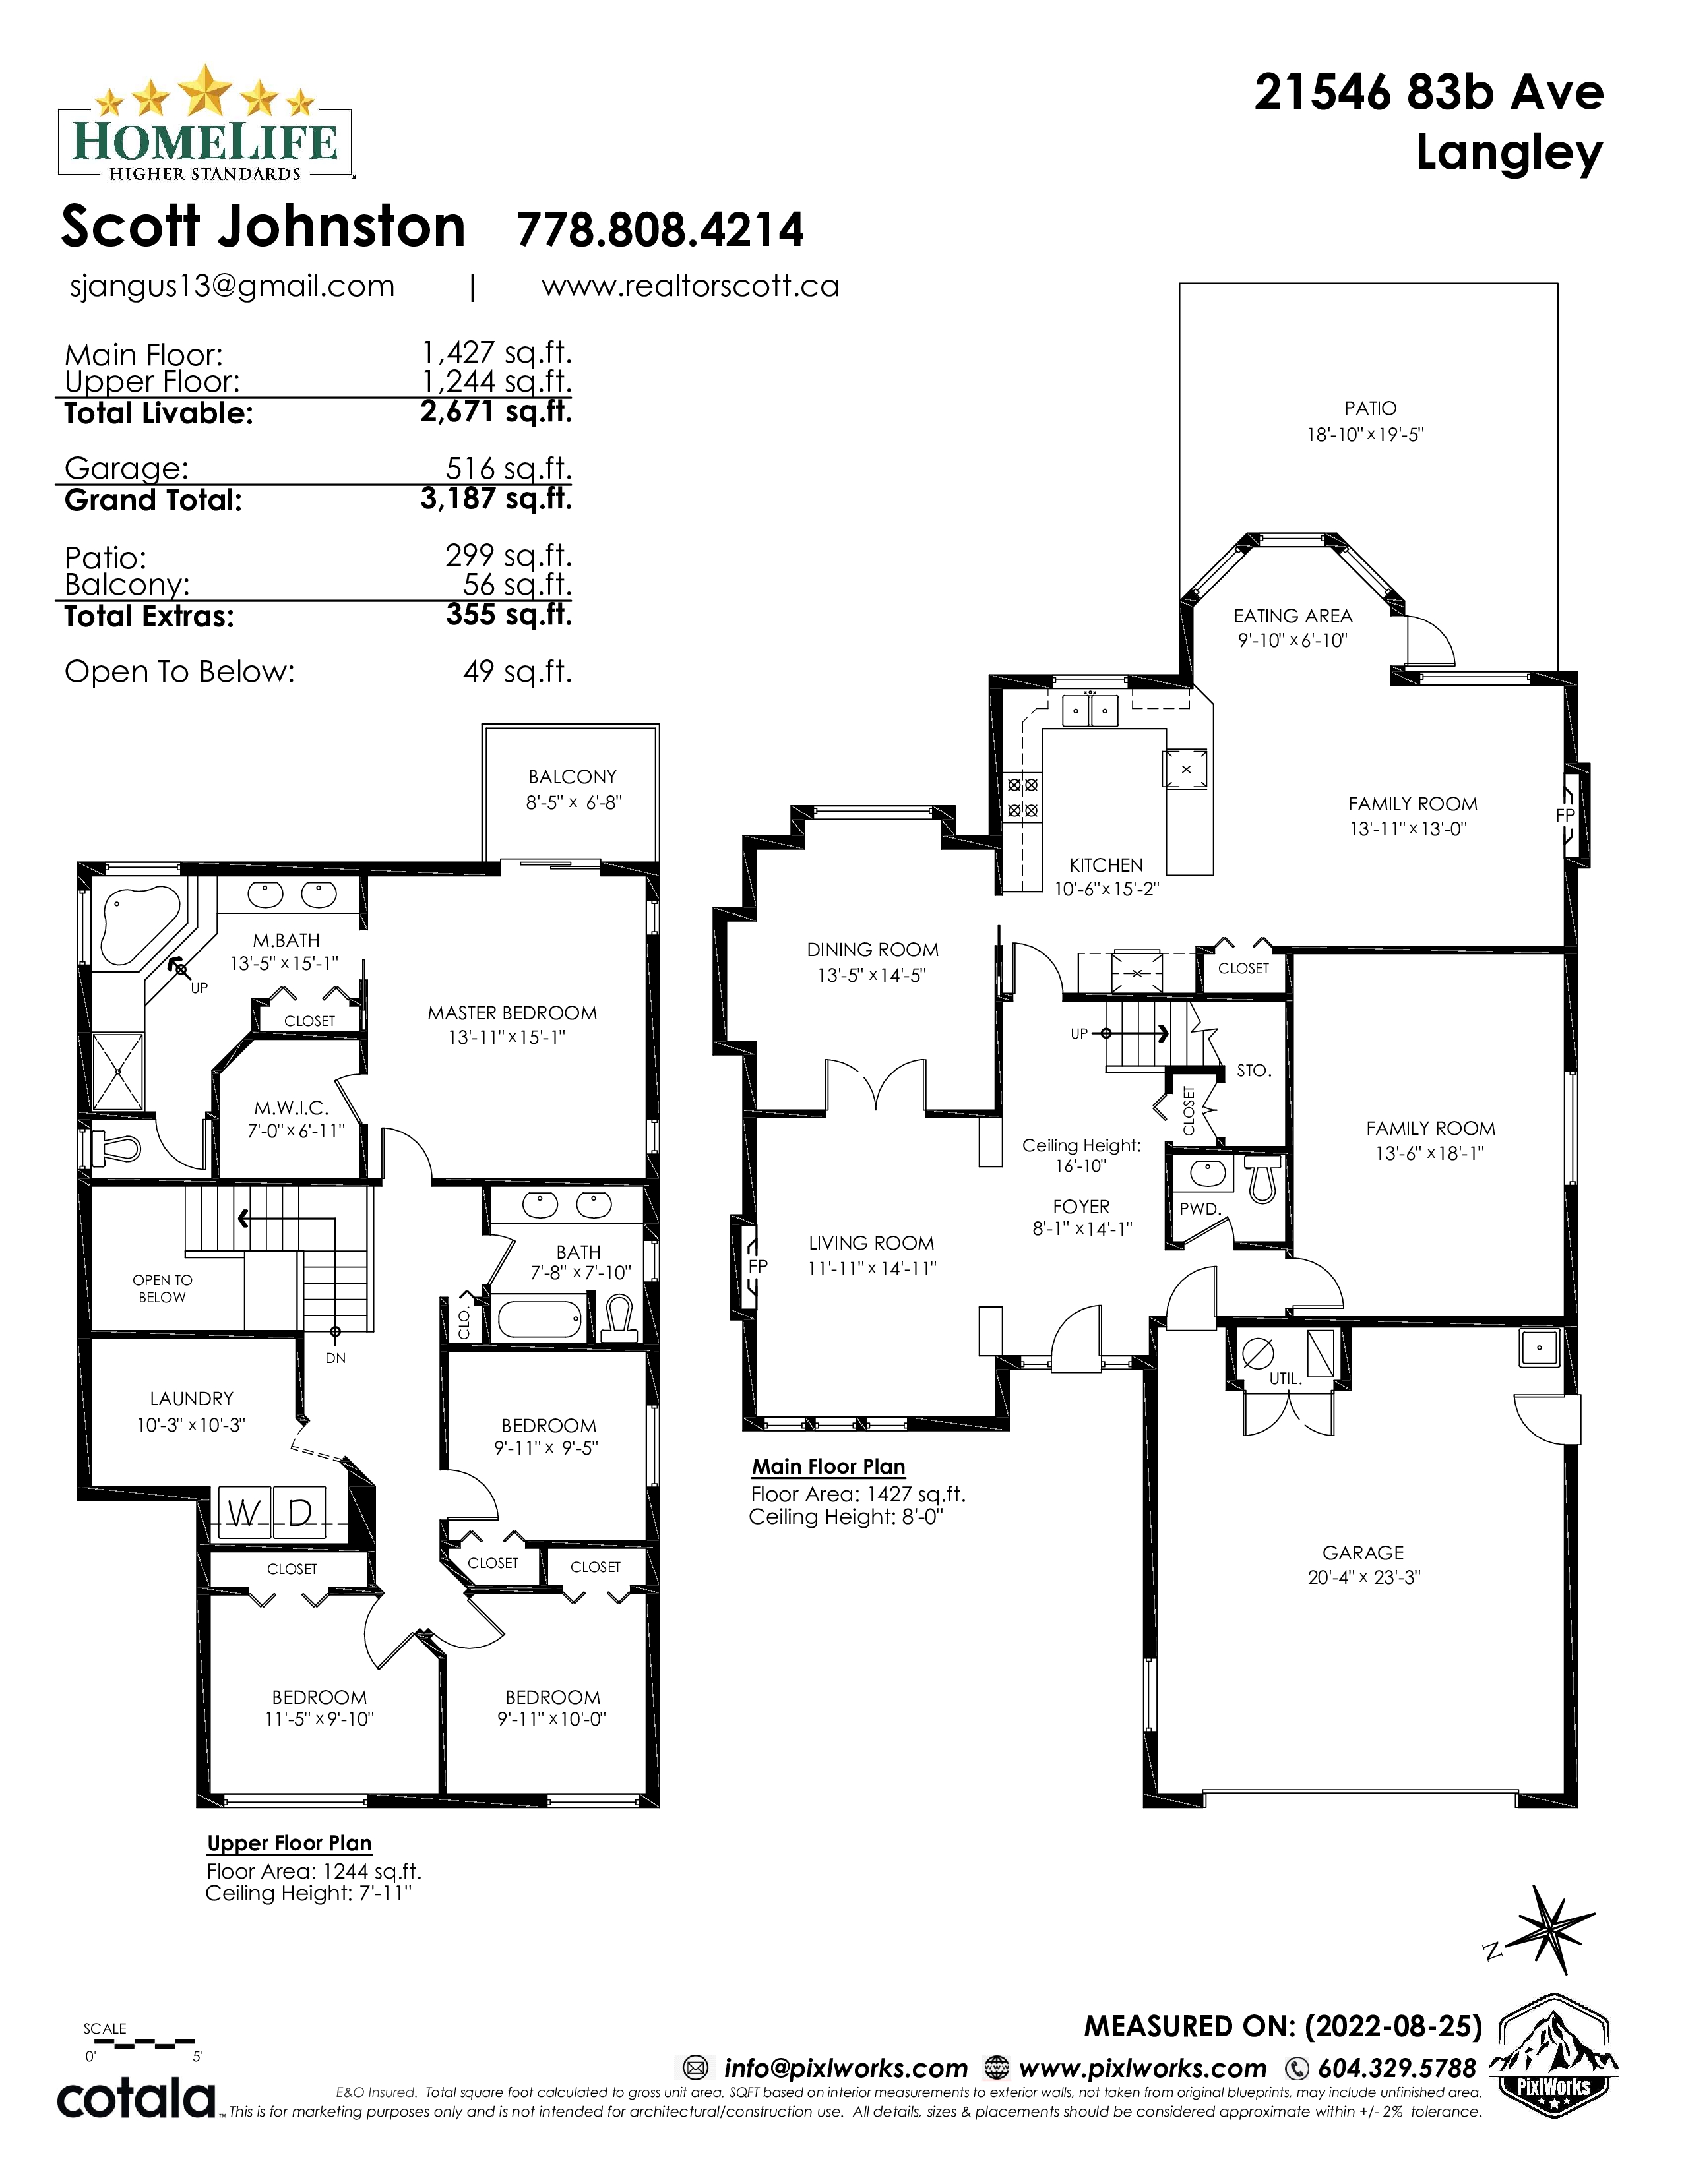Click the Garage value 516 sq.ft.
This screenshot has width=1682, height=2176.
508,468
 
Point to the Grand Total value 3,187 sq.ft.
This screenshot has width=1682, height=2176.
496,498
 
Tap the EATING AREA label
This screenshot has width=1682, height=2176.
1292,617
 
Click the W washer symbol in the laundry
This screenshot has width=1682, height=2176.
243,1513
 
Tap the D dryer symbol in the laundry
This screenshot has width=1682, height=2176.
301,1513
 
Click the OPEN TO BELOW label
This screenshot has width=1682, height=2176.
162,1288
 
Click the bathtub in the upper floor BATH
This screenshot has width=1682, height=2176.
539,1320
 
